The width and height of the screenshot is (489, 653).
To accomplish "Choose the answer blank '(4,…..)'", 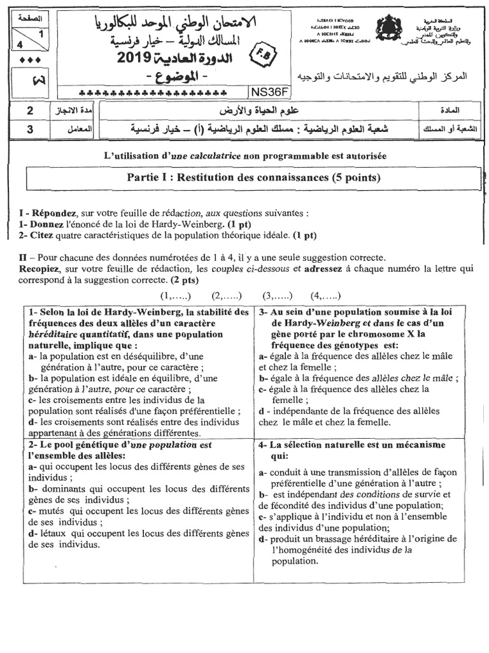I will pyautogui.click(x=325, y=296).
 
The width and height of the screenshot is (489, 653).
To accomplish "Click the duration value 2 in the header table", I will pyautogui.click(x=30, y=111).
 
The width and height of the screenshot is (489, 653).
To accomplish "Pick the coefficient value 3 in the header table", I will pyautogui.click(x=30, y=129).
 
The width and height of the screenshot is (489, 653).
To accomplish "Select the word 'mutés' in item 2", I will pyautogui.click(x=52, y=511).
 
